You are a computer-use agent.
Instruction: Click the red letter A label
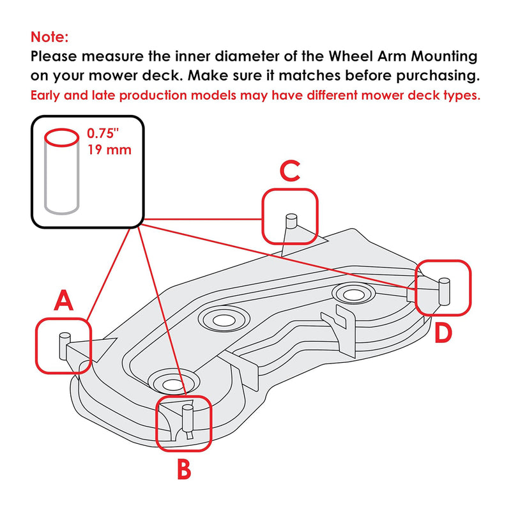point(63,301)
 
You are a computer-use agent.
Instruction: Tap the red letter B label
point(183,469)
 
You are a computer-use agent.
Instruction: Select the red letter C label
point(290,171)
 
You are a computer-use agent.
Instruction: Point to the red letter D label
point(444,333)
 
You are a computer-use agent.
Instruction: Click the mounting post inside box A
point(64,346)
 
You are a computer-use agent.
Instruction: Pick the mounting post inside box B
point(187,418)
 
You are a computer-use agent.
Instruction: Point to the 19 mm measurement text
point(109,151)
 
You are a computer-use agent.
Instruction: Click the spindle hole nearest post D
point(352,294)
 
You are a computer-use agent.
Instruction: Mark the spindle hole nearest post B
point(170,383)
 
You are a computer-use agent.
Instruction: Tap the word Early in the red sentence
point(49,96)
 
